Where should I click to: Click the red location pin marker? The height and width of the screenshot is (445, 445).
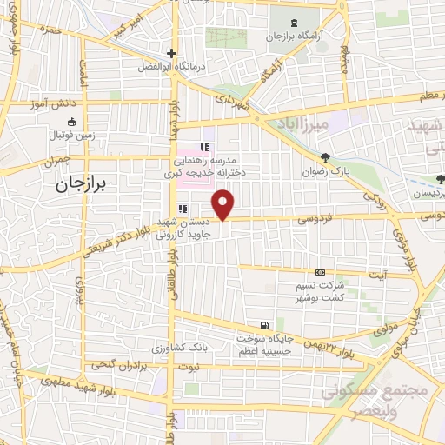click(x=223, y=204)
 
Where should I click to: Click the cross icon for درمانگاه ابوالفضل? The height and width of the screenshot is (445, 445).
click(x=173, y=52)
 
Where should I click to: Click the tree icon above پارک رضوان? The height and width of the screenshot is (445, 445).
click(x=325, y=157)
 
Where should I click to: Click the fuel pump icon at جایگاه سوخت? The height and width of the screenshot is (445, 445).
click(x=264, y=323)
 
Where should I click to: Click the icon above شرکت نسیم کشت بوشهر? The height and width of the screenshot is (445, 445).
click(x=321, y=273)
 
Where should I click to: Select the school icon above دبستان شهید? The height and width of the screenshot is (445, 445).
click(x=183, y=209)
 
